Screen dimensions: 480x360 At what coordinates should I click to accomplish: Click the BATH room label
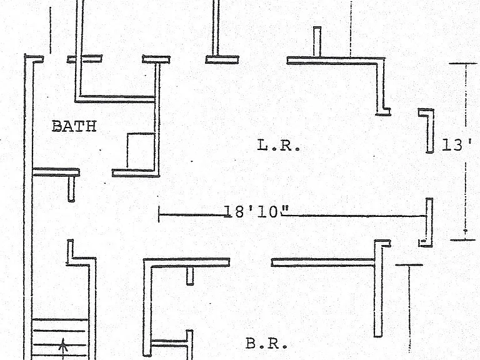tap(74, 126)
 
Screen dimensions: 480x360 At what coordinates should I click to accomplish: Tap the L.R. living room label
tap(279, 145)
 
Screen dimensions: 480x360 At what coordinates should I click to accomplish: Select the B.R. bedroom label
tap(267, 344)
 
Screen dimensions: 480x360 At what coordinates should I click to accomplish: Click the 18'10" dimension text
tap(256, 211)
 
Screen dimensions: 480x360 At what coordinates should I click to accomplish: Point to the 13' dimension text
tap(456, 144)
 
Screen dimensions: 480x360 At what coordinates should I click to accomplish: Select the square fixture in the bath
tap(141, 151)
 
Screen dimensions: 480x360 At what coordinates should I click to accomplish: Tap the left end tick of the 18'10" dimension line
tap(159, 214)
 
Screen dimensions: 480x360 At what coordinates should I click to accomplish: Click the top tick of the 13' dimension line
tap(463, 63)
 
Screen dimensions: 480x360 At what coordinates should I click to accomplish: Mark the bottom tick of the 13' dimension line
tap(463, 240)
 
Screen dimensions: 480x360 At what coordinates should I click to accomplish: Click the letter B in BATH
tap(57, 126)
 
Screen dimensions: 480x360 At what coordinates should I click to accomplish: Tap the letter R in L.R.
tap(286, 145)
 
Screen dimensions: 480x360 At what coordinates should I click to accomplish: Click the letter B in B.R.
tap(251, 344)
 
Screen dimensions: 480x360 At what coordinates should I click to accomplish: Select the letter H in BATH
tap(91, 126)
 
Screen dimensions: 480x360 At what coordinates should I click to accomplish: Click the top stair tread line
tap(60, 319)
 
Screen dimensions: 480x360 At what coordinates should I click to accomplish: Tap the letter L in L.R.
tap(262, 145)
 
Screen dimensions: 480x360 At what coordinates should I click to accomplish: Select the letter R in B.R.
tap(273, 344)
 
